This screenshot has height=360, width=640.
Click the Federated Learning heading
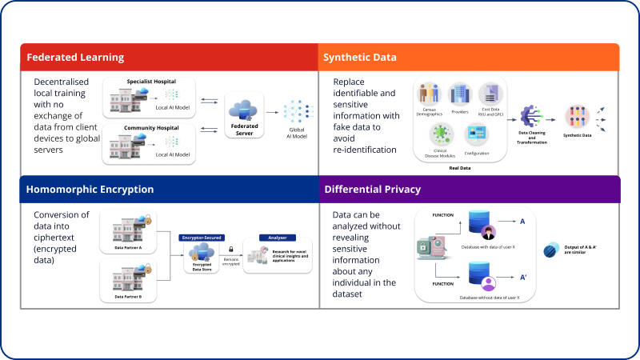coord(75,58)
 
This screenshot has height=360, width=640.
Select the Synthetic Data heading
coord(359,58)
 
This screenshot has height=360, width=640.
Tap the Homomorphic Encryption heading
coord(90,190)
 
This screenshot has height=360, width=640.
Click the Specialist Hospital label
coord(150,82)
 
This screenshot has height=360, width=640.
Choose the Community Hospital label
coord(150,127)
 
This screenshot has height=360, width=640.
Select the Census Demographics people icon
coord(431,94)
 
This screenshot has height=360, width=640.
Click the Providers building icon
coord(460,94)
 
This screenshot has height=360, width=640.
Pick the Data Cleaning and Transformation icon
coord(532,116)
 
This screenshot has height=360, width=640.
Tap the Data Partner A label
coord(128,247)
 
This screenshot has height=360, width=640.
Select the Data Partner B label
coord(128,297)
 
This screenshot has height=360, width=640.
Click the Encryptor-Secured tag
coord(201,237)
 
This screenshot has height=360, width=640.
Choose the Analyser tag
coord(277,237)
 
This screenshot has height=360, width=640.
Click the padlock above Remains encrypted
coord(231,250)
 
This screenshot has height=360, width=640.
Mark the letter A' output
coord(523,278)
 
